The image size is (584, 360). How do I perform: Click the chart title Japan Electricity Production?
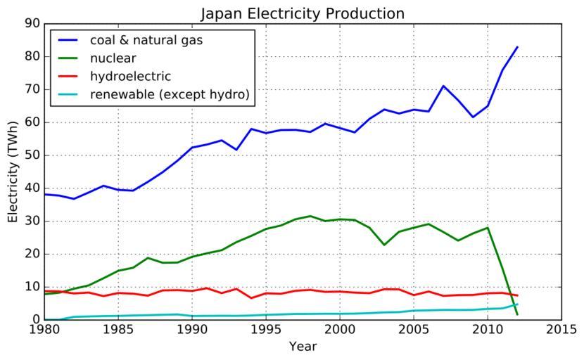click(303, 13)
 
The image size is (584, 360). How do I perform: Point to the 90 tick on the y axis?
click(31, 24)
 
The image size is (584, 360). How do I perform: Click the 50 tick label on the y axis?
click(31, 155)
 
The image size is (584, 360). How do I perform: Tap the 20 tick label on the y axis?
click(31, 254)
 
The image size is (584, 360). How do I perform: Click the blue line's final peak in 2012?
click(517, 47)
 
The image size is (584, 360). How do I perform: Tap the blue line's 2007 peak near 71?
click(443, 86)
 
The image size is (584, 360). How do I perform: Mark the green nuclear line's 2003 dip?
click(384, 245)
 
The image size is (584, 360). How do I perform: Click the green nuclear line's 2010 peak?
click(488, 227)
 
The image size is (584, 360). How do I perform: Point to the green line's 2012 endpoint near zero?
click(517, 314)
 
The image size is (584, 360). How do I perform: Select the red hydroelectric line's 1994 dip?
click(251, 298)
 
